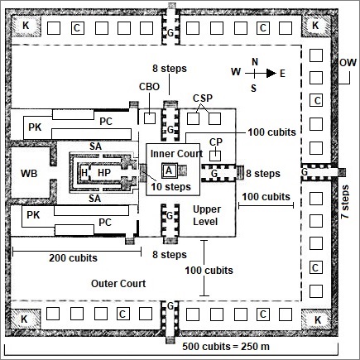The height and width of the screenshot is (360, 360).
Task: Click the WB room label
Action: pos(29,174)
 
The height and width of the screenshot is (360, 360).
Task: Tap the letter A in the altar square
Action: pos(169,170)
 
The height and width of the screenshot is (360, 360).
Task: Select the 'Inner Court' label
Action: pos(176,154)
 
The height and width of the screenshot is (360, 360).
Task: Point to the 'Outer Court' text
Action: pos(118,284)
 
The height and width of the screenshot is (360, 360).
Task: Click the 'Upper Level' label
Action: pos(206,215)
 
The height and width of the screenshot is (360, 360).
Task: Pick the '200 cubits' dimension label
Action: pos(73,258)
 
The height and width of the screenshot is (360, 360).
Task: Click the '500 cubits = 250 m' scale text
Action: pos(226,346)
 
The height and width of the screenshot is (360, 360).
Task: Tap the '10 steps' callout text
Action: pos(170,187)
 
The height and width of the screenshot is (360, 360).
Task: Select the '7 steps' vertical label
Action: pos(345,202)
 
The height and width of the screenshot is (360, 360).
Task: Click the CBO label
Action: pos(149,87)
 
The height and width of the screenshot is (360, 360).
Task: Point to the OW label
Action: pos(348,63)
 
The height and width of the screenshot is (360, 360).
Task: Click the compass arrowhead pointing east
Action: pos(271,73)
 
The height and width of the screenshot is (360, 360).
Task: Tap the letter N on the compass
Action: pos(255,62)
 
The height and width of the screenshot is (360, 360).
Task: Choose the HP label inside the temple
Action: pos(104,173)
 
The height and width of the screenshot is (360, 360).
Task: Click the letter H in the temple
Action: pos(84,173)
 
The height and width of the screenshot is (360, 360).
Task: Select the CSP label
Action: pos(203,98)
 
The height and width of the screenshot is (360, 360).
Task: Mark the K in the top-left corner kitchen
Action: pos(26,26)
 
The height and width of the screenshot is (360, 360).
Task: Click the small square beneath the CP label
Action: pos(215,156)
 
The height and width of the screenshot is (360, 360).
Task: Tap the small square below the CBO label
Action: pos(150,118)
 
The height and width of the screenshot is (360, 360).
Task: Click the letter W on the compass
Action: pos(236,72)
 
